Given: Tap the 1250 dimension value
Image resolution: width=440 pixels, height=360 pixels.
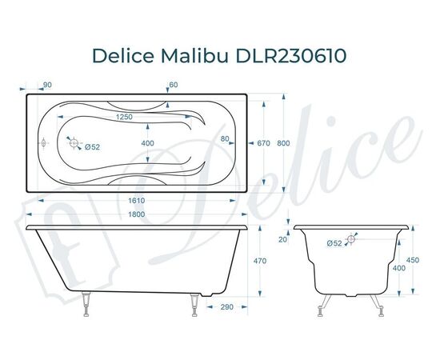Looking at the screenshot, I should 123,117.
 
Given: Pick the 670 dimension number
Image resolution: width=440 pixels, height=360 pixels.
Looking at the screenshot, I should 264,144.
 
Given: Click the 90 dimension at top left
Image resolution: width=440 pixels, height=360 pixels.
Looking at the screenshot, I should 47,84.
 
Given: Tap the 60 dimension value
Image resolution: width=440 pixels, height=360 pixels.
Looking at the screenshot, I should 173,84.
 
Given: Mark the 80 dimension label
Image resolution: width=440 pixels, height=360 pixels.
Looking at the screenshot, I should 226,138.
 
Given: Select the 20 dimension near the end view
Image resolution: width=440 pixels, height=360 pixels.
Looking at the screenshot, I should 282,239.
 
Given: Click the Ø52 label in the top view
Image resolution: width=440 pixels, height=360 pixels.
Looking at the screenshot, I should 92,146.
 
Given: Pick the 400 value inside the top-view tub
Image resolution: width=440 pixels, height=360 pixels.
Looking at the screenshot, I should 147,143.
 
